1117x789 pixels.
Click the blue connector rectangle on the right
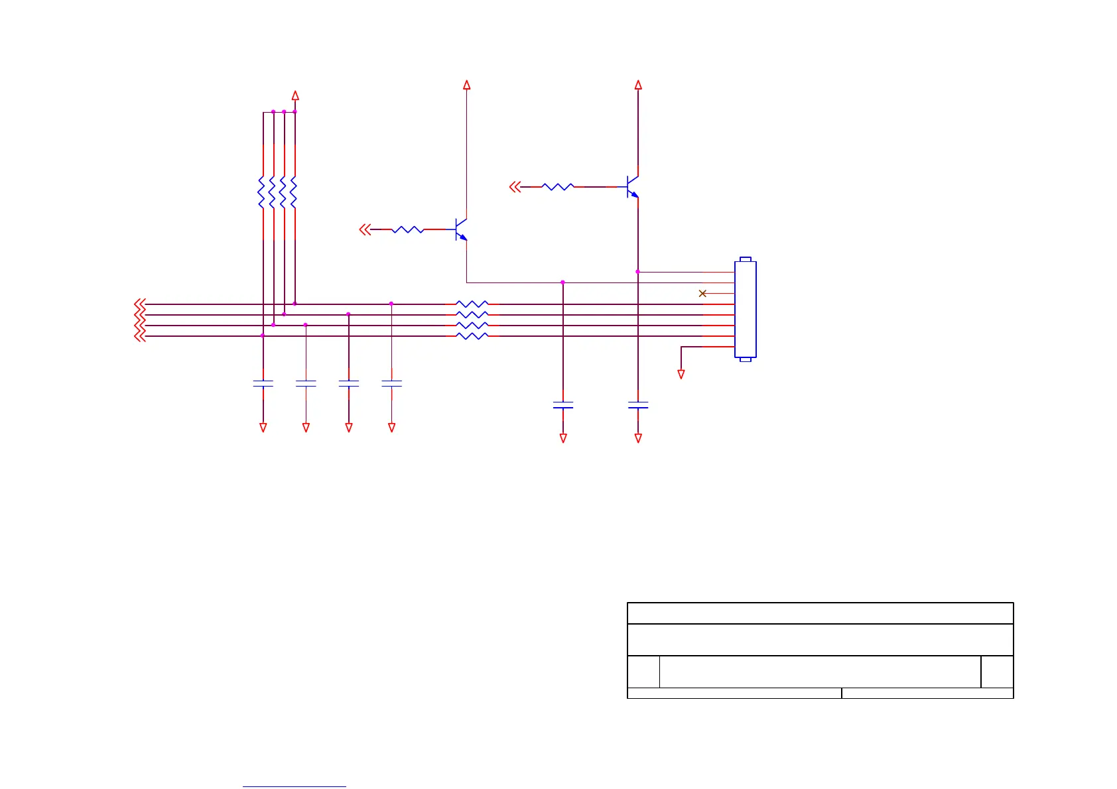(746, 310)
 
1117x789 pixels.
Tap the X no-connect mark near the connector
(702, 293)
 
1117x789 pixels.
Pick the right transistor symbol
(632, 187)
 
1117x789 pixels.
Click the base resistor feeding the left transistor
(407, 229)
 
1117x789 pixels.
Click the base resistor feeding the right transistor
(558, 187)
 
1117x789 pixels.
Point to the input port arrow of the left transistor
(364, 229)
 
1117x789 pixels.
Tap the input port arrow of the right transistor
(515, 187)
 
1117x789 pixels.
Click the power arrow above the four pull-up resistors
(295, 95)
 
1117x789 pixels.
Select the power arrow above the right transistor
(638, 85)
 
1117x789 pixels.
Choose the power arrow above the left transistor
(467, 85)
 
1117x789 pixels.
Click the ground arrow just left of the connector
(681, 374)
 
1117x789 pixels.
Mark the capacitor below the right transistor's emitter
(638, 404)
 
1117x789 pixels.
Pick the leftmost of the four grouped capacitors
(263, 383)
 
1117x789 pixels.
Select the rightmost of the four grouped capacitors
(391, 383)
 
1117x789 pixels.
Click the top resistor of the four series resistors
(472, 304)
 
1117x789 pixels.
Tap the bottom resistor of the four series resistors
(472, 336)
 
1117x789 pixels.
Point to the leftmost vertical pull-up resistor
(262, 192)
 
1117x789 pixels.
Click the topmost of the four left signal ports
(139, 304)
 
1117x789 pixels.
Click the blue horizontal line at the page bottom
(295, 786)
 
